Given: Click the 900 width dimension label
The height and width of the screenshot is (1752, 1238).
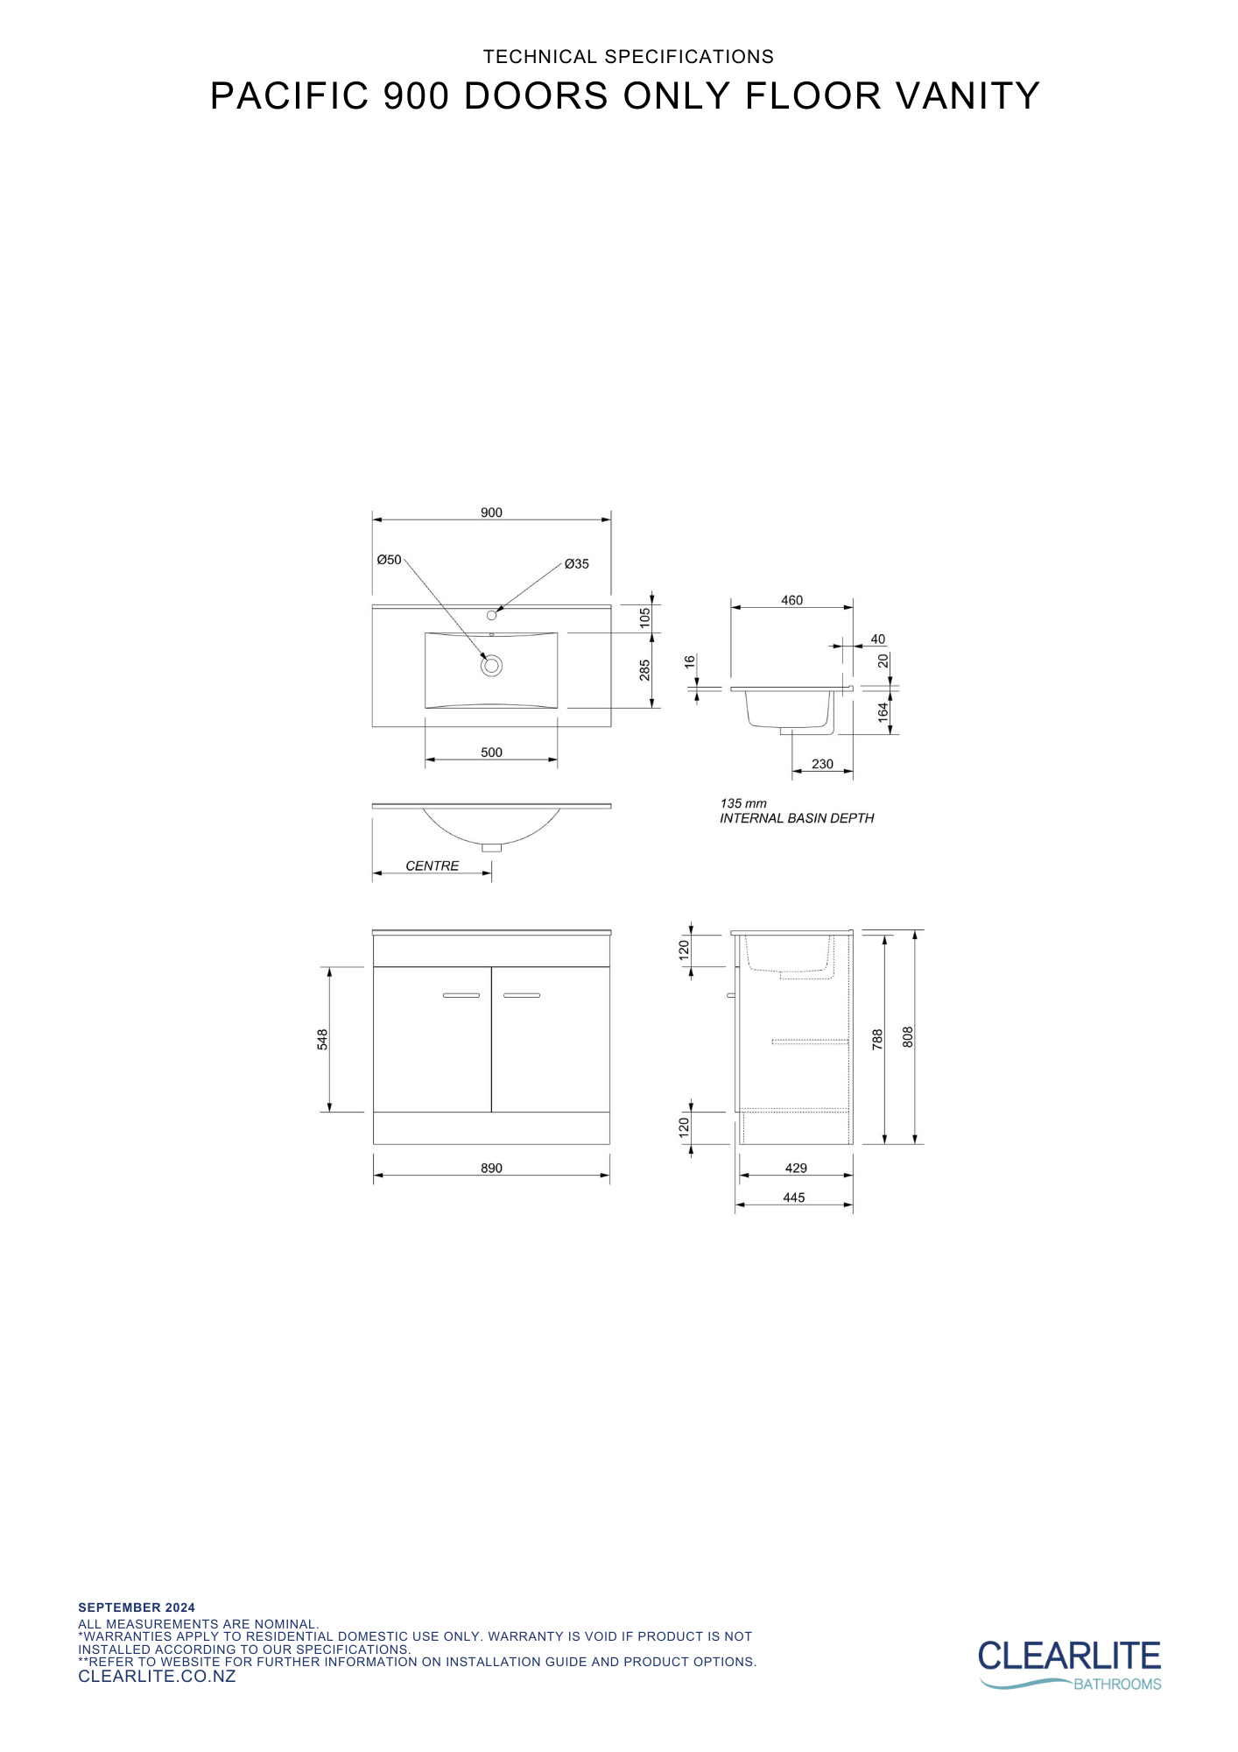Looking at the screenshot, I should click(491, 512).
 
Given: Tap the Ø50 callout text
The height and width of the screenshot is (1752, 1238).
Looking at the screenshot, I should click(389, 560).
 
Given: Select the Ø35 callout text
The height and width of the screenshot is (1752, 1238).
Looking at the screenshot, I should click(576, 564).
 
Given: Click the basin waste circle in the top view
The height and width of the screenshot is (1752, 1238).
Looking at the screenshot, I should click(491, 666).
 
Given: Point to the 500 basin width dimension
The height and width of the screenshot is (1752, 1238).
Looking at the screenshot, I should click(491, 752).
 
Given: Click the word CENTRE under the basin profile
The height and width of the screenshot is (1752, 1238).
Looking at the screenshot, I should click(432, 865).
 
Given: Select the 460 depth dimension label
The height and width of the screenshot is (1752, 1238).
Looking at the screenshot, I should click(791, 600).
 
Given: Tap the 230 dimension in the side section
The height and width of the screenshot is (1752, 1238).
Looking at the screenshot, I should click(822, 764).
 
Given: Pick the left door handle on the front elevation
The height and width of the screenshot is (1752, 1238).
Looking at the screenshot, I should click(461, 995).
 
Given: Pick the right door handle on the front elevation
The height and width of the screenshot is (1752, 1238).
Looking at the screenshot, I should click(522, 995).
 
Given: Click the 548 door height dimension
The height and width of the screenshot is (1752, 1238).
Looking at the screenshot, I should click(322, 1039).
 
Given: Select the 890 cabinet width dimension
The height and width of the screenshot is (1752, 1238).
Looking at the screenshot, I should click(491, 1168).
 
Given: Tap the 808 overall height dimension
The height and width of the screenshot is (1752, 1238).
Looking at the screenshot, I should click(908, 1037).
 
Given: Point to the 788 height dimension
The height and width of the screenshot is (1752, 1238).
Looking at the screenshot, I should click(877, 1039).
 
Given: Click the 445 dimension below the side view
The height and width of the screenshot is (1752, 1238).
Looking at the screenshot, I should click(793, 1197).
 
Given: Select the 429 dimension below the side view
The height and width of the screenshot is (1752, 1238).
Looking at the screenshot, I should click(796, 1168).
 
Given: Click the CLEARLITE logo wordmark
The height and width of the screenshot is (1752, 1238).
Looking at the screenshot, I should click(1069, 1657).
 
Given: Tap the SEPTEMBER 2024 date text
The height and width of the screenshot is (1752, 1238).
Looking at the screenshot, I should click(137, 1607).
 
